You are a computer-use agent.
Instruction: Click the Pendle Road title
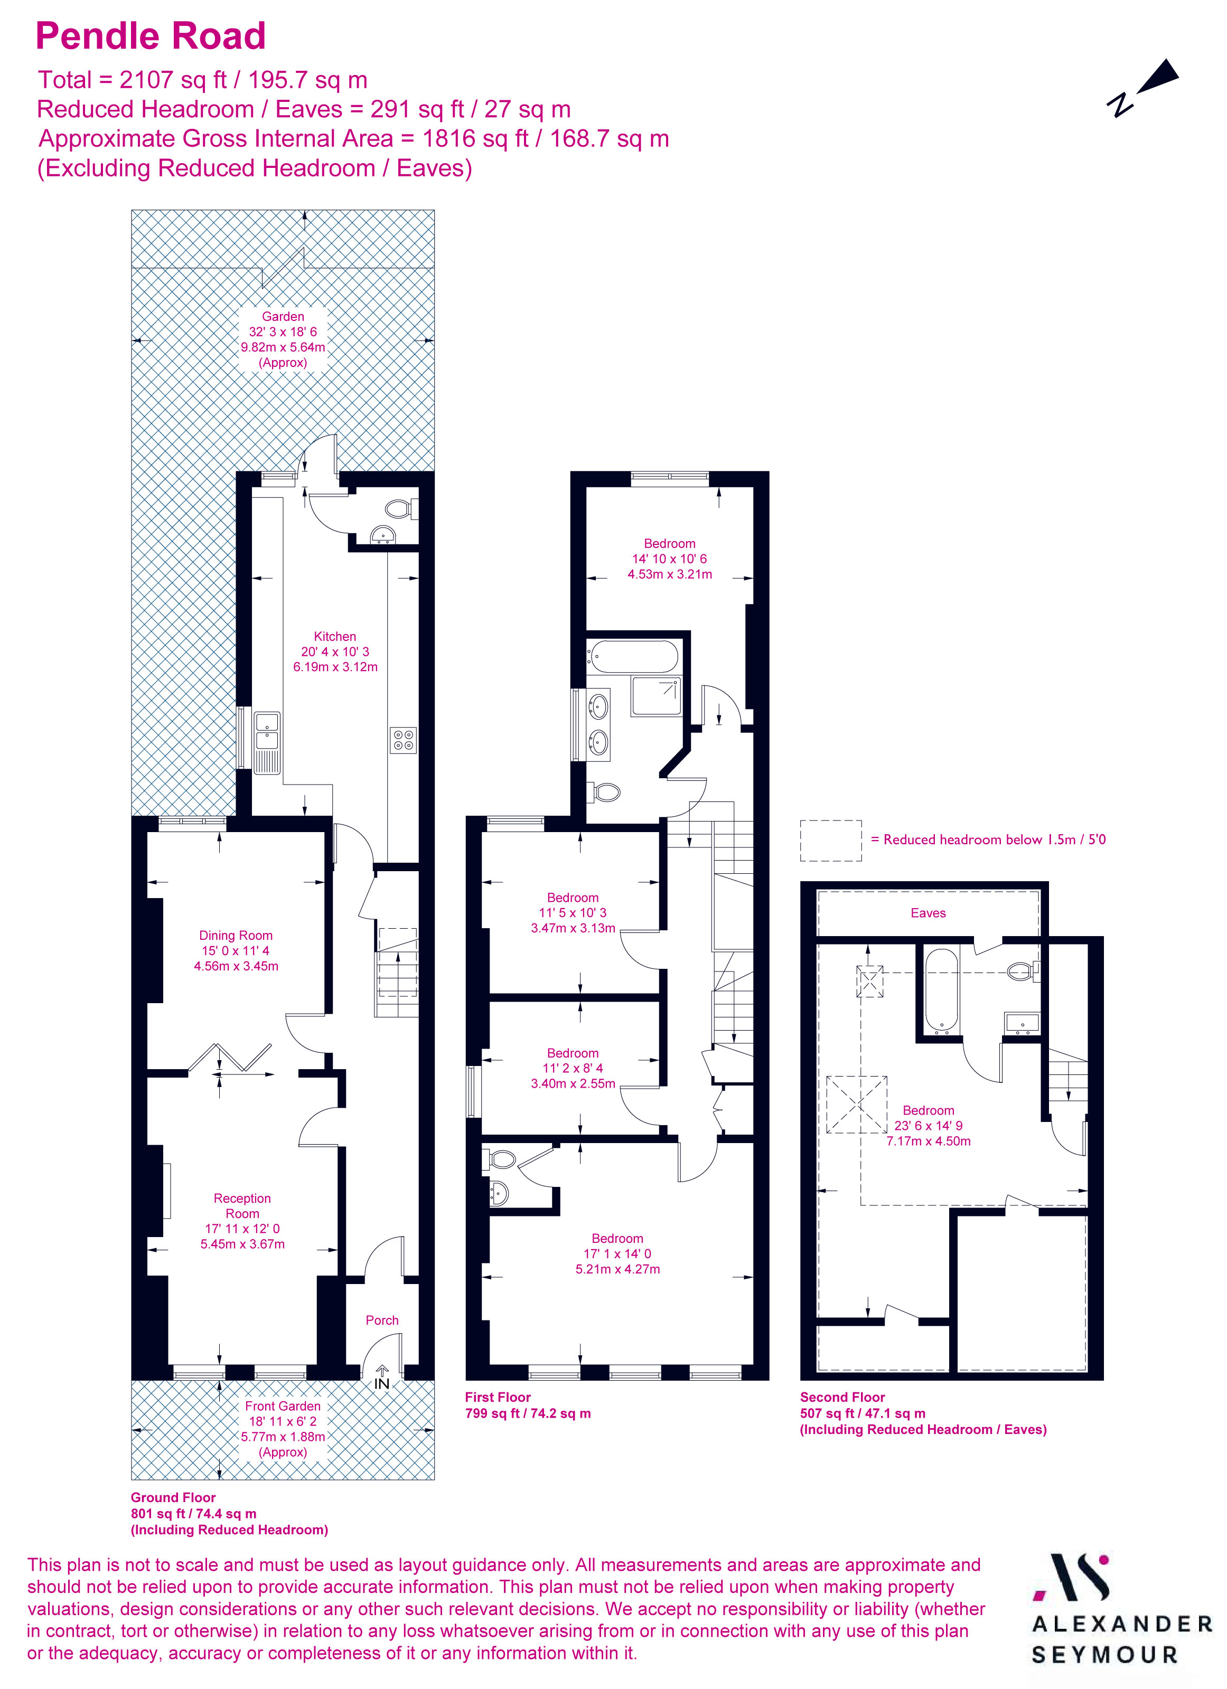151,36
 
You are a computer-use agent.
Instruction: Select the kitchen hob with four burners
403,740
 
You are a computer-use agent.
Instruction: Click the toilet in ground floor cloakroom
399,509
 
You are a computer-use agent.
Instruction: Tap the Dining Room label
236,936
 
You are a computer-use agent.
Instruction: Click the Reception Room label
242,1206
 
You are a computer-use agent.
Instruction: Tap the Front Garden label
283,1406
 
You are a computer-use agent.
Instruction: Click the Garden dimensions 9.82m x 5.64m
283,347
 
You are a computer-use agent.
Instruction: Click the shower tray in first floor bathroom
655,696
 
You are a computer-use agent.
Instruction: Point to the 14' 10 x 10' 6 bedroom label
669,559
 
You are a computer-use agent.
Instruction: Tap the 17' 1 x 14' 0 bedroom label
617,1253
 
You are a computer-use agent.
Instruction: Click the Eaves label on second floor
928,913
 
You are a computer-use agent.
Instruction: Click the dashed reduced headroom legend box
831,841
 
